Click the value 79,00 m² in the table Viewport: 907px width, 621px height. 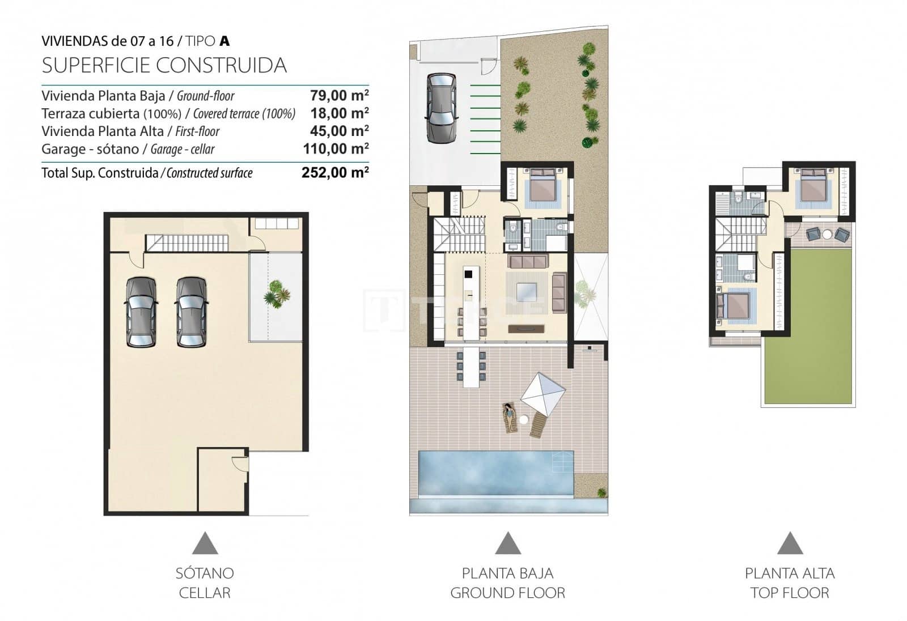pyautogui.click(x=339, y=95)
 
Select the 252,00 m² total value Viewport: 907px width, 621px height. pyautogui.click(x=335, y=173)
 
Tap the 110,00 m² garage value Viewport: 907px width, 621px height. pyautogui.click(x=336, y=149)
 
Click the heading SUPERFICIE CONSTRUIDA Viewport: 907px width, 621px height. pyautogui.click(x=164, y=66)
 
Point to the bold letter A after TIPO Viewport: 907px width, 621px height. pyautogui.click(x=224, y=41)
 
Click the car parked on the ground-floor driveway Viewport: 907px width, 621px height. pyautogui.click(x=440, y=108)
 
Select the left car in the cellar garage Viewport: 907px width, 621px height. pyautogui.click(x=141, y=312)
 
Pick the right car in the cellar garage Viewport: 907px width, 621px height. pyautogui.click(x=192, y=312)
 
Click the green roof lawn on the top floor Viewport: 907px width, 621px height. pyautogui.click(x=808, y=327)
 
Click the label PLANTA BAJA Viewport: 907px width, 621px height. pyautogui.click(x=507, y=573)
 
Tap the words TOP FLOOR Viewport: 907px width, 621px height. pyautogui.click(x=790, y=593)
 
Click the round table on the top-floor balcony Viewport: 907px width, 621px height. pyautogui.click(x=827, y=233)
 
